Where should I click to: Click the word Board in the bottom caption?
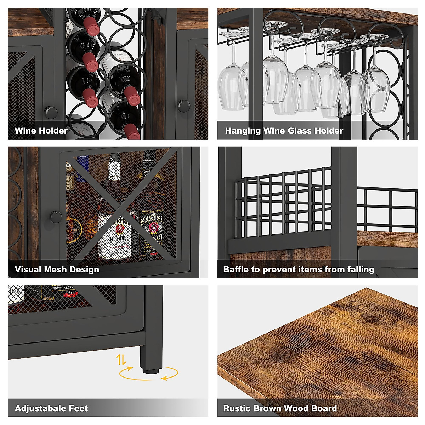click(x=324, y=408)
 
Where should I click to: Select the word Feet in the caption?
click(x=78, y=409)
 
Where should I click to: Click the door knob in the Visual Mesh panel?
click(x=56, y=217)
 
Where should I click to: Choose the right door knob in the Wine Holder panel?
click(x=184, y=106)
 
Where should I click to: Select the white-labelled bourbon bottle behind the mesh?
click(x=114, y=236)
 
